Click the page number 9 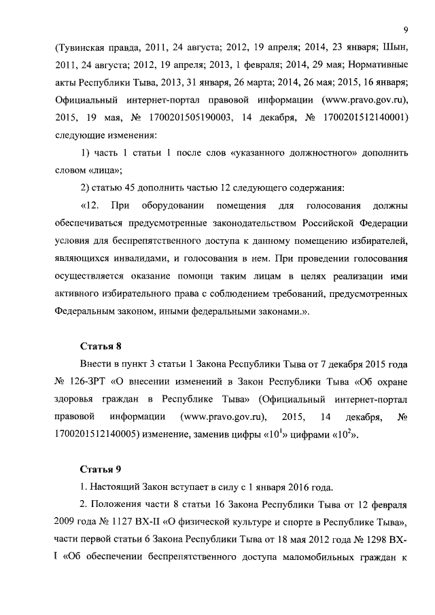tap(405, 29)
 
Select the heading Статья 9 tap(101, 470)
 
